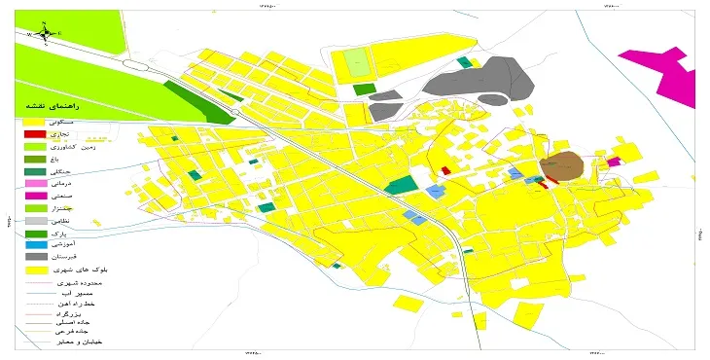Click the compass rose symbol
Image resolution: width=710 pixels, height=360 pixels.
click(x=44, y=31)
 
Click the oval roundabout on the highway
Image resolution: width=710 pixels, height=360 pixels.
click(x=140, y=65)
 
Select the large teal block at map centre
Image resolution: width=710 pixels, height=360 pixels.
click(x=400, y=184)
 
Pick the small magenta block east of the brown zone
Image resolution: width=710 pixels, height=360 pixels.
click(x=613, y=162)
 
